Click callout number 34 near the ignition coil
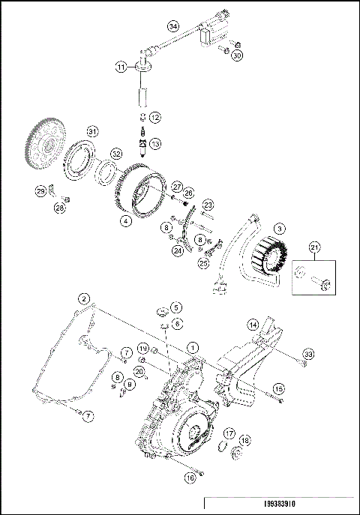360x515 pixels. pos(173,26)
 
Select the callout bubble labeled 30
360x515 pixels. pos(238,55)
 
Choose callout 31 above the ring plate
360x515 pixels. pos(91,131)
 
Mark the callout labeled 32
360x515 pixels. pos(115,154)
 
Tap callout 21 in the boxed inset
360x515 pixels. pos(315,248)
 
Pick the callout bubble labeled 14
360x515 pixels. pos(253,325)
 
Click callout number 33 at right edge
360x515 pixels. pos(307,353)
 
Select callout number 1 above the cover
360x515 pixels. pos(193,347)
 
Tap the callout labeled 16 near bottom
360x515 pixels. pos(190,475)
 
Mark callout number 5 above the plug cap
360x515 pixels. pos(175,307)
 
